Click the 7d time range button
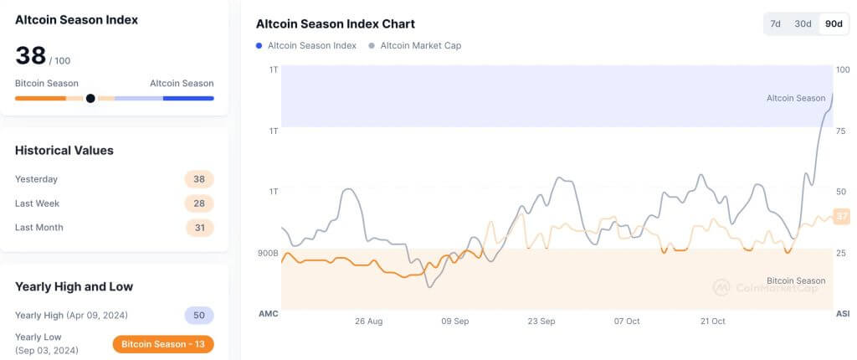pyautogui.click(x=776, y=23)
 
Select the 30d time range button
pyautogui.click(x=803, y=23)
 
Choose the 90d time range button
pyautogui.click(x=834, y=23)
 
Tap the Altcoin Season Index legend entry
pyautogui.click(x=306, y=45)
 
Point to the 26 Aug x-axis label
pyautogui.click(x=368, y=321)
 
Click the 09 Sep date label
pyautogui.click(x=455, y=321)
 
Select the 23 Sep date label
pyautogui.click(x=541, y=321)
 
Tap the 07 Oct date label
pyautogui.click(x=627, y=321)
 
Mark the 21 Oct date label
pyautogui.click(x=713, y=321)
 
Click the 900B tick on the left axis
pyautogui.click(x=268, y=252)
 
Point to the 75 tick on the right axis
pyautogui.click(x=841, y=131)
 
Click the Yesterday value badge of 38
pyautogui.click(x=199, y=179)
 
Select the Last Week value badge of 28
pyautogui.click(x=199, y=203)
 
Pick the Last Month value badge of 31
pyautogui.click(x=199, y=228)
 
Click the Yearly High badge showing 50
pyautogui.click(x=199, y=316)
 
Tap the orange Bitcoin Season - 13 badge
pyautogui.click(x=163, y=344)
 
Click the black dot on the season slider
pyautogui.click(x=90, y=98)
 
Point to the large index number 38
pyautogui.click(x=30, y=56)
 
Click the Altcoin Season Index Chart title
pyautogui.click(x=335, y=24)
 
